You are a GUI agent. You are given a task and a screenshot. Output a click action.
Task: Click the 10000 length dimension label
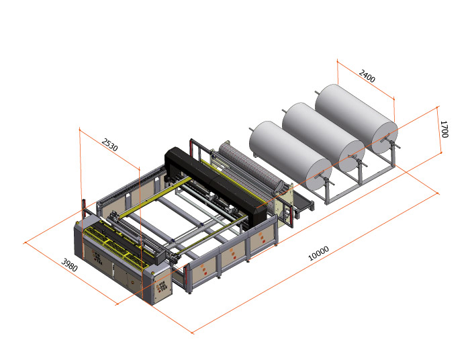[x=318, y=251]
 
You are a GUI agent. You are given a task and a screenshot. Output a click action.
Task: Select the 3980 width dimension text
[x=70, y=265]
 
